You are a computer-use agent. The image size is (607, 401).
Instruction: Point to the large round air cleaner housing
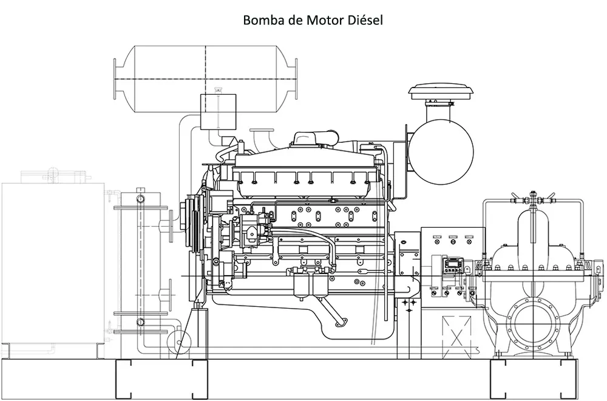(x=441, y=152)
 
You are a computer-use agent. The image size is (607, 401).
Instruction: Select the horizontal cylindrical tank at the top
(x=206, y=79)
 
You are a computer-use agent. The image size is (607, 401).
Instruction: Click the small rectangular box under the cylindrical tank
(x=218, y=111)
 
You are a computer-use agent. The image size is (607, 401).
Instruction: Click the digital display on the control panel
(x=453, y=265)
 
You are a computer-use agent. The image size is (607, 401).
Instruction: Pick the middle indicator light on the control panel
(x=453, y=242)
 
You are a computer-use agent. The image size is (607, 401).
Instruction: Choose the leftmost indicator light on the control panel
(x=437, y=242)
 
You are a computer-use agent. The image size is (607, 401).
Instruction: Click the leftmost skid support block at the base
(x=124, y=379)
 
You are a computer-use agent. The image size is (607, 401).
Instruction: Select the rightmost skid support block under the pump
(x=570, y=379)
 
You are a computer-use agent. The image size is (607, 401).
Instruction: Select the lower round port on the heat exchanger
(x=141, y=321)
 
